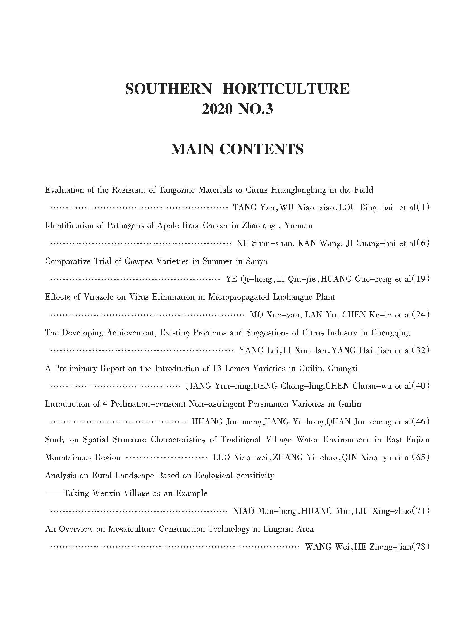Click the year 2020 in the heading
217,109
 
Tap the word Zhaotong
259,226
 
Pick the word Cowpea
139,261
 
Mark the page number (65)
421,458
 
